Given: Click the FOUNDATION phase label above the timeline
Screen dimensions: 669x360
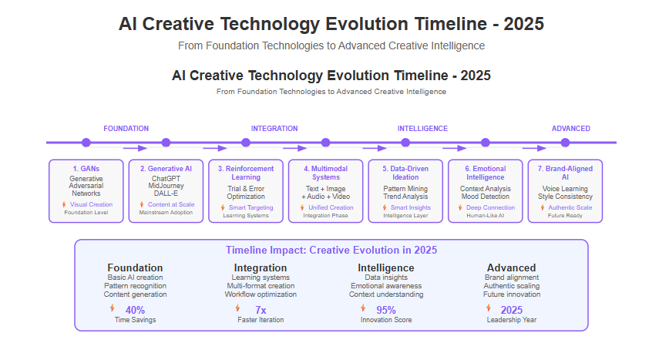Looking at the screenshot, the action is [x=126, y=129].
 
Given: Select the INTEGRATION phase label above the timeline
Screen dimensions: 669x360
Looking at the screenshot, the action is [x=274, y=129].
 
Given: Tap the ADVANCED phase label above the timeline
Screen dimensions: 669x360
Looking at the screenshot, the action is [x=571, y=129].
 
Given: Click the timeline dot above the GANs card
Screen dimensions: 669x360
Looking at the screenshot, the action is [x=86, y=143].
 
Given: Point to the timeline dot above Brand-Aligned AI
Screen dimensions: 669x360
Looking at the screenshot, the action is [x=565, y=143].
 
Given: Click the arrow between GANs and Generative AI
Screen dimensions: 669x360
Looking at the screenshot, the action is [x=135, y=149].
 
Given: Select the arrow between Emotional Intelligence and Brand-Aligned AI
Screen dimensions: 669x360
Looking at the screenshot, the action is [x=534, y=149].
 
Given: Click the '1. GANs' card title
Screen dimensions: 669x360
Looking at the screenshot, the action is [x=86, y=169].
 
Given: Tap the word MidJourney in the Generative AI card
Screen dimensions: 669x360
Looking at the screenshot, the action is [x=166, y=186].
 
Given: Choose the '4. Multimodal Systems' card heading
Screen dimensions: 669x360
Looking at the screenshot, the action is [x=325, y=173].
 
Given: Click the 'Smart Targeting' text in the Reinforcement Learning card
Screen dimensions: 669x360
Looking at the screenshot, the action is [x=251, y=207].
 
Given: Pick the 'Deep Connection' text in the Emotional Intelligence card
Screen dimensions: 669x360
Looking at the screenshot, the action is [x=491, y=207].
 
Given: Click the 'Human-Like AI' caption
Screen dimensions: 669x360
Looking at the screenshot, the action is [x=485, y=216].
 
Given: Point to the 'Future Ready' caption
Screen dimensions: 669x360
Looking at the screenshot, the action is [x=565, y=216].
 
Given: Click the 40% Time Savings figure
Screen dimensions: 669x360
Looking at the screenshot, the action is [x=135, y=310].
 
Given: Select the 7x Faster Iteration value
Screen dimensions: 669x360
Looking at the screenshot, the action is [x=261, y=310].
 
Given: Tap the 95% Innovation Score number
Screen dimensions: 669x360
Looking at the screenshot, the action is [x=386, y=310].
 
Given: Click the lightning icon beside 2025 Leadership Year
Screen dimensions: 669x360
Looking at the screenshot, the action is [x=489, y=308].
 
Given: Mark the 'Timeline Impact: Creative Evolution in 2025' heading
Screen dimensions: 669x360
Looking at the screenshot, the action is [x=331, y=250].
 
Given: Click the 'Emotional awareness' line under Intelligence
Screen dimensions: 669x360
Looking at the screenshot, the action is [x=386, y=286].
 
